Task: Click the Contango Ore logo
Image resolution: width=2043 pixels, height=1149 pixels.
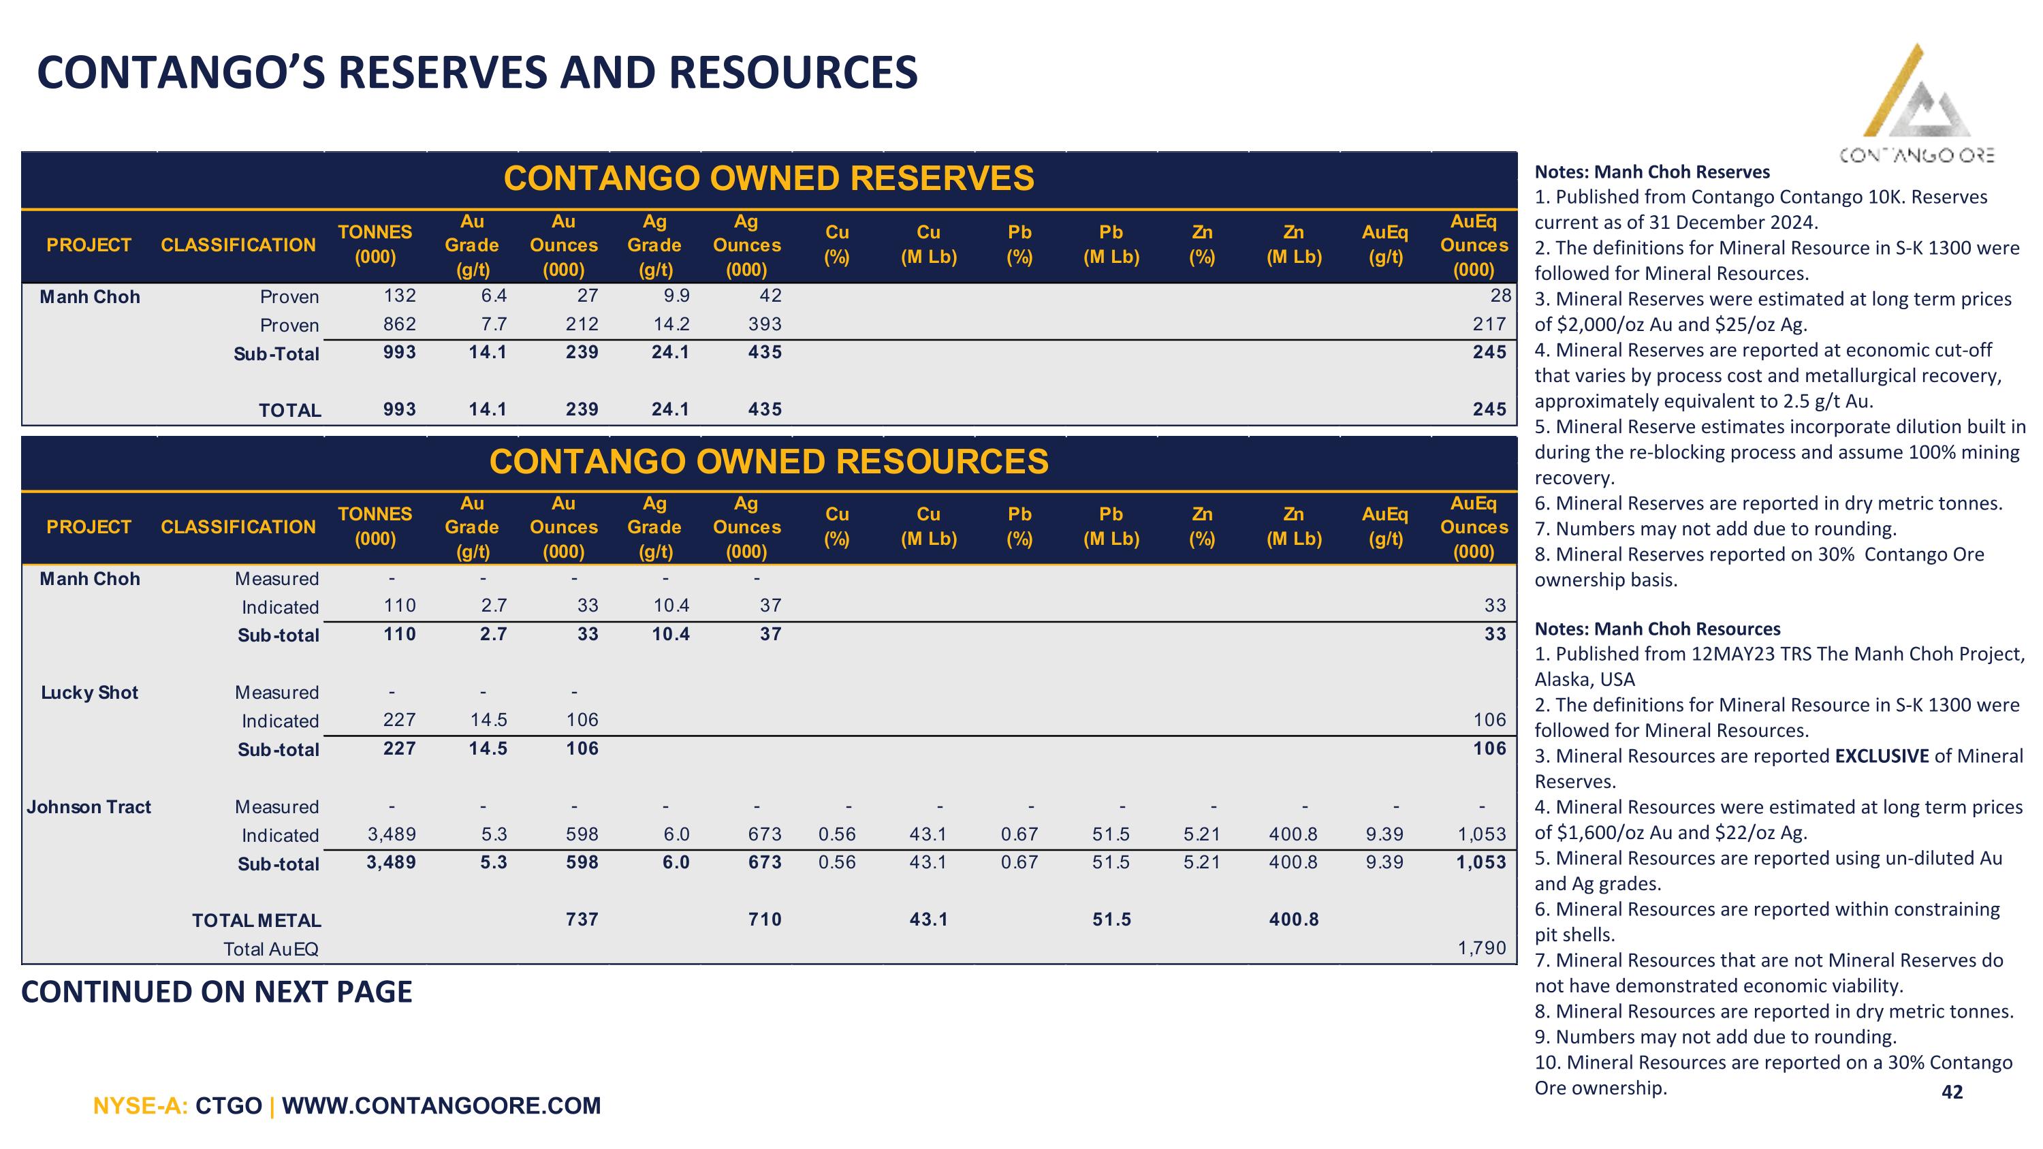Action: [x=1917, y=103]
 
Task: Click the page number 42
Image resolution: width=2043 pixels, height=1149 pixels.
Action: [x=1952, y=1092]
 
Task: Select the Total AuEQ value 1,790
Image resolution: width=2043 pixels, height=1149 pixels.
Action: [x=1481, y=947]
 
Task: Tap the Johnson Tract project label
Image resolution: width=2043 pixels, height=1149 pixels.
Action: [x=89, y=806]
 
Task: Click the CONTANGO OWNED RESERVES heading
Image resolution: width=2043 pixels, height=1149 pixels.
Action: [x=768, y=178]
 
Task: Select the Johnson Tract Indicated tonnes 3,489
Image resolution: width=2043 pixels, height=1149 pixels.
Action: [x=392, y=834]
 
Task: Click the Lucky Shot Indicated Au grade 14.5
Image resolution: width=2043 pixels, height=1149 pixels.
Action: [x=488, y=720]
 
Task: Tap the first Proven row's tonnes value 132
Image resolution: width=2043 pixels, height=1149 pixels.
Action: [x=400, y=296]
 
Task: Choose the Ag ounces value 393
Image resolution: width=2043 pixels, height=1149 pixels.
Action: [x=765, y=324]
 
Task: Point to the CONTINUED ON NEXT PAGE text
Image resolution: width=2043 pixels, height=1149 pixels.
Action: [x=217, y=992]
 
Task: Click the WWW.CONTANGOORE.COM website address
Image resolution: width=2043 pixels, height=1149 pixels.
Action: [x=441, y=1105]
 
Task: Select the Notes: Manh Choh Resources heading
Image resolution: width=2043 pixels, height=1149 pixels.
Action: [x=1658, y=629]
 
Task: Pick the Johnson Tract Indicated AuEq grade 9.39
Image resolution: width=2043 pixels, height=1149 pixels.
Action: [x=1384, y=834]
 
